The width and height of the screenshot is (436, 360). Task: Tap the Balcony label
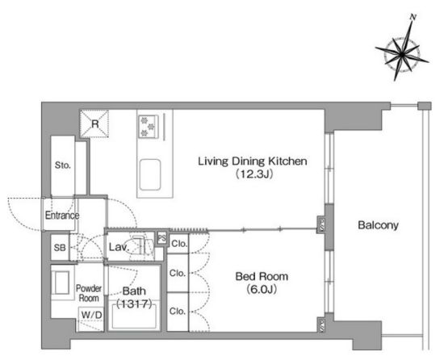[x=378, y=225]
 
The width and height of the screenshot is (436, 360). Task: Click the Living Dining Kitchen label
[x=253, y=161]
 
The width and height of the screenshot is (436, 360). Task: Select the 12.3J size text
[x=254, y=174]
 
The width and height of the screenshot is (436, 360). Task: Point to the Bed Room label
[x=262, y=276]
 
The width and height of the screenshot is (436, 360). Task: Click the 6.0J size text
[x=262, y=290]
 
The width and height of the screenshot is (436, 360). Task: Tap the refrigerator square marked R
[x=94, y=123]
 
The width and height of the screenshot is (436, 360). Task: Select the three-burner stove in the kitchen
[x=149, y=127]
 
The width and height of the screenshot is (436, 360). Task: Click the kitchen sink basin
[x=150, y=174]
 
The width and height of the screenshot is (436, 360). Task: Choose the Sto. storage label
[x=62, y=165]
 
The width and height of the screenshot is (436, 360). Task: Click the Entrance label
[x=62, y=216]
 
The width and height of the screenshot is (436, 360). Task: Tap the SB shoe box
[x=60, y=248]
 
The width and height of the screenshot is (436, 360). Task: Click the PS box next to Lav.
[x=161, y=238]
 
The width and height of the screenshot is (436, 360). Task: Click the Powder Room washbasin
[x=61, y=283]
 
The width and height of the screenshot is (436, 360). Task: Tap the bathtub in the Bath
[x=134, y=316]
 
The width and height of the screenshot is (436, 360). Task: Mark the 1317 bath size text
[x=134, y=303]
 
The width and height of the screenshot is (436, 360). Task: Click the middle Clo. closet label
[x=178, y=273]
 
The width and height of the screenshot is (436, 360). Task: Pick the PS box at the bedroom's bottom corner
[x=321, y=324]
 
